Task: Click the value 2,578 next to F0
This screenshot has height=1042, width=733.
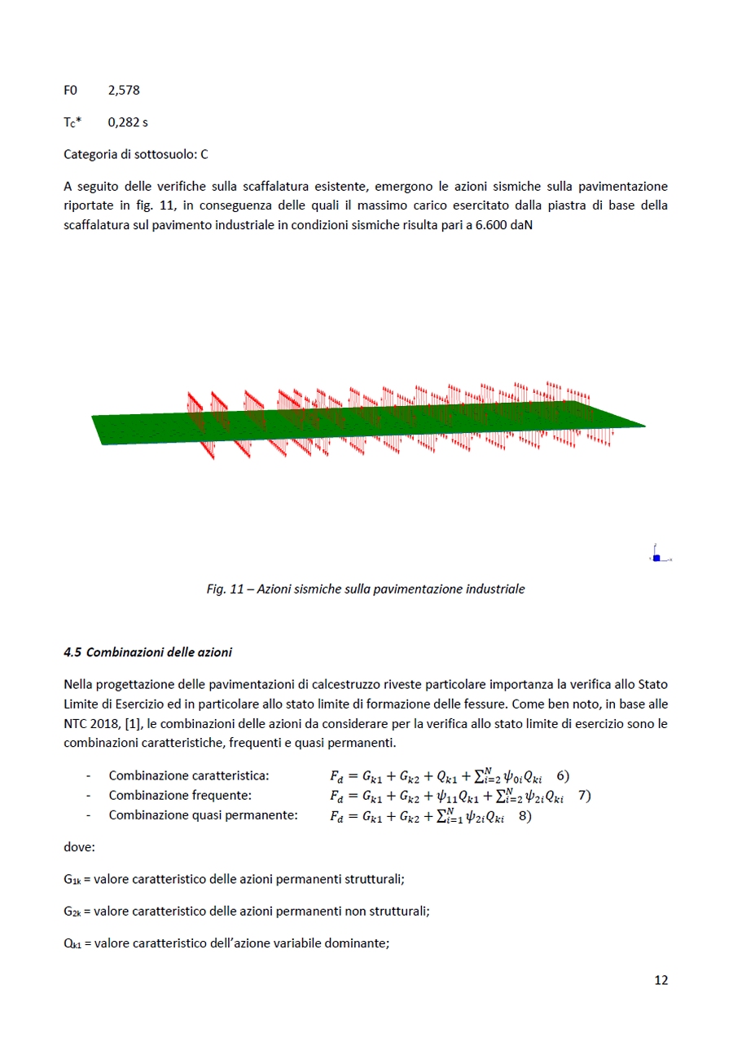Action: click(124, 91)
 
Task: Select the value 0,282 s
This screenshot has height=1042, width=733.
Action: click(128, 122)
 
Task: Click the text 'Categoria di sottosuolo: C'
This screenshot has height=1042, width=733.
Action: click(136, 153)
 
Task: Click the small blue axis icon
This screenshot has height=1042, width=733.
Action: click(656, 558)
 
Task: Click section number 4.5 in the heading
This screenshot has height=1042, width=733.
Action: click(72, 652)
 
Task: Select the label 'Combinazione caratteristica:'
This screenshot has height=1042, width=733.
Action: click(189, 775)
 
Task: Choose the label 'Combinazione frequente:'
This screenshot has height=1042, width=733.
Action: click(180, 796)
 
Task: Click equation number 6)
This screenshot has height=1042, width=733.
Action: click(563, 775)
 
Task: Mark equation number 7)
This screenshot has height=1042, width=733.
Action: click(584, 796)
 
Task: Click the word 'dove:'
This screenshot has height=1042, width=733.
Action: click(79, 847)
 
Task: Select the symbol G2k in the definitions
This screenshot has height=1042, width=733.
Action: click(72, 912)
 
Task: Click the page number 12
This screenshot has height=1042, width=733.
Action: click(661, 980)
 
